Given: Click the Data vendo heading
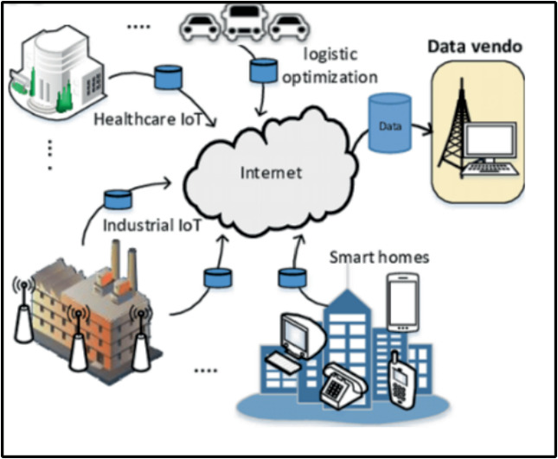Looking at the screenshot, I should coord(476,46).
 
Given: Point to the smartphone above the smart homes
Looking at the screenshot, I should coord(402,303).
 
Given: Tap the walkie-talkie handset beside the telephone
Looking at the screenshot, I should coord(398,378).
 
